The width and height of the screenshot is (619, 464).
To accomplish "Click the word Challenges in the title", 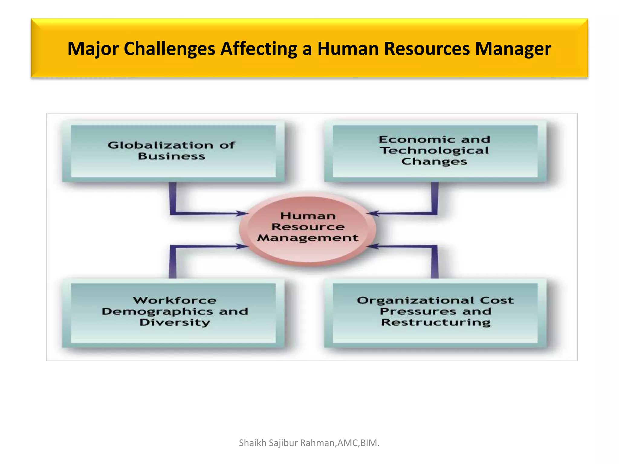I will (x=169, y=49).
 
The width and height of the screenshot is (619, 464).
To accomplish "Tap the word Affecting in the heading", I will (x=258, y=49).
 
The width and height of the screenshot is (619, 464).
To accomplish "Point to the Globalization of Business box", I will (x=173, y=151).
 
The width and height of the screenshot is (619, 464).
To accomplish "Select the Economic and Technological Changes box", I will (x=435, y=151).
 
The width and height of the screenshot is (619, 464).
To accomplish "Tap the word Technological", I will (x=434, y=150).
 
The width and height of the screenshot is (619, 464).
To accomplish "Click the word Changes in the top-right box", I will (x=434, y=162).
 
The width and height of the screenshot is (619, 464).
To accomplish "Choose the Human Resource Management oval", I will (x=308, y=230).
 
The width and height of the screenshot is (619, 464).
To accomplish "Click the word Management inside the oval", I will (x=308, y=238).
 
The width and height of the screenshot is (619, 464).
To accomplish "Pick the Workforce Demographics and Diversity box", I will (x=173, y=313).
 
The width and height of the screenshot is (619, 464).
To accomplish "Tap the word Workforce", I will (x=175, y=301).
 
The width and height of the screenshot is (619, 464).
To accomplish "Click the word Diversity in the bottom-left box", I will (x=175, y=323).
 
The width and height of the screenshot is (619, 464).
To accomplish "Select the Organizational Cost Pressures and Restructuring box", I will (x=435, y=313).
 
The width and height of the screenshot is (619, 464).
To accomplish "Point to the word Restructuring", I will (x=436, y=323).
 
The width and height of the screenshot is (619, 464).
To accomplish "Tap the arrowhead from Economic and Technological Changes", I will (x=372, y=214).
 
